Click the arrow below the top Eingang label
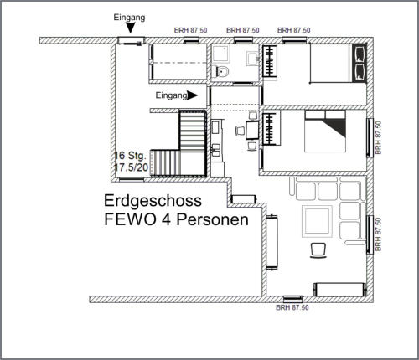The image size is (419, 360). pyautogui.click(x=130, y=28)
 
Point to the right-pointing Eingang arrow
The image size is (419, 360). pyautogui.click(x=192, y=95)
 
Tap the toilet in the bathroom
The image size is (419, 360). pyautogui.click(x=221, y=72)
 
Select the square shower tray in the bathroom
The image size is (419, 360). pyautogui.click(x=221, y=54)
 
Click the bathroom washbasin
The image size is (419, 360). pyautogui.click(x=254, y=59)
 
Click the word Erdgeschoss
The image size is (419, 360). pyautogui.click(x=153, y=202)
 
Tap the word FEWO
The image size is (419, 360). pyautogui.click(x=130, y=219)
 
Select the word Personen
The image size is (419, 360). pyautogui.click(x=212, y=219)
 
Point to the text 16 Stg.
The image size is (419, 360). pyautogui.click(x=130, y=156)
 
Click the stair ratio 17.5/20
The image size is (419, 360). pyautogui.click(x=131, y=167)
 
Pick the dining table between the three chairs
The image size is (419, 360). pyautogui.click(x=252, y=130)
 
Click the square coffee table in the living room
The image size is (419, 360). pyautogui.click(x=317, y=221)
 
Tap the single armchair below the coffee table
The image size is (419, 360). pyautogui.click(x=318, y=250)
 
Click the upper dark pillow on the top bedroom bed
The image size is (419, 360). pyautogui.click(x=359, y=54)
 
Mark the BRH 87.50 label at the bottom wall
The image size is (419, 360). pyautogui.click(x=292, y=307)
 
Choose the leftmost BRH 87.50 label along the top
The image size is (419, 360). pyautogui.click(x=191, y=30)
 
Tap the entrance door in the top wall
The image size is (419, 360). pyautogui.click(x=131, y=41)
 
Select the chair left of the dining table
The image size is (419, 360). pyautogui.click(x=240, y=131)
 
